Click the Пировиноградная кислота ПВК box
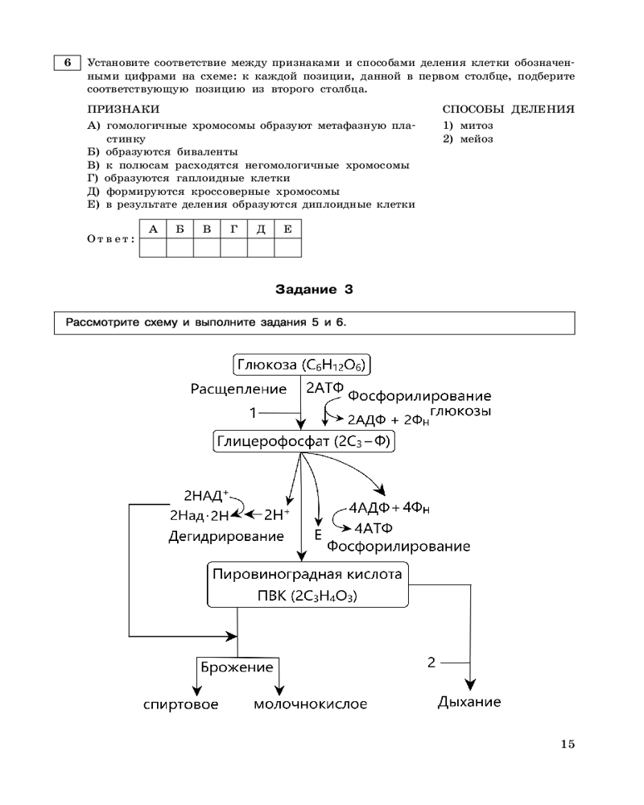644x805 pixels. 305,584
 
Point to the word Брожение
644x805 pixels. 237,667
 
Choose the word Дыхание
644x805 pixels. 469,702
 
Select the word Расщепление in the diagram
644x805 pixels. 238,390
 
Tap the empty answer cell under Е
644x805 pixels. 288,247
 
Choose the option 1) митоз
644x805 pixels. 468,126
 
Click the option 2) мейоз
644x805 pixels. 468,138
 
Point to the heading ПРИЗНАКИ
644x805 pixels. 123,109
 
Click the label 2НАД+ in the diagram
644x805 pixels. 206,496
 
